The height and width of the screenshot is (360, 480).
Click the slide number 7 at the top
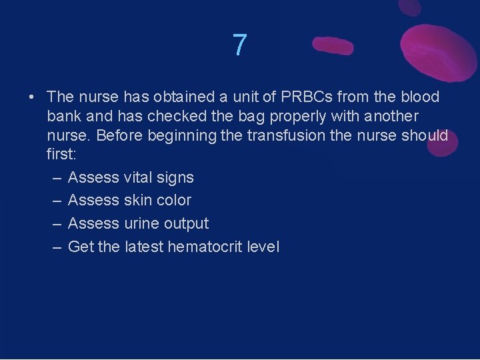point(240,45)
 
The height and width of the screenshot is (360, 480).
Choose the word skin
point(139,200)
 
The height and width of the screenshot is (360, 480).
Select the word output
point(187,223)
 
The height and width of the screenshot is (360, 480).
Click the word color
point(173,200)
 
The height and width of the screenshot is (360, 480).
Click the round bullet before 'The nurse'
point(32,97)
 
